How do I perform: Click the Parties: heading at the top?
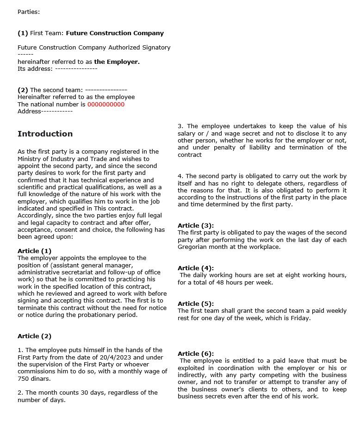(29, 12)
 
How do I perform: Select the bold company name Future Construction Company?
(115, 33)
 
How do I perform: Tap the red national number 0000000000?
(106, 104)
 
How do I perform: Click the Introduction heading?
(45, 134)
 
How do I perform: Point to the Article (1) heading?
(34, 251)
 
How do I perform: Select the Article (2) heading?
(34, 336)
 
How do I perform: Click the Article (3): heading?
(196, 226)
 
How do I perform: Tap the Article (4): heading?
(196, 268)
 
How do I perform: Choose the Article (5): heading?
(196, 304)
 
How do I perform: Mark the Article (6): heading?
(196, 353)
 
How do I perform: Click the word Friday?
(299, 318)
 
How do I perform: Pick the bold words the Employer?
(117, 62)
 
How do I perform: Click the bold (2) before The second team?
(23, 90)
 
